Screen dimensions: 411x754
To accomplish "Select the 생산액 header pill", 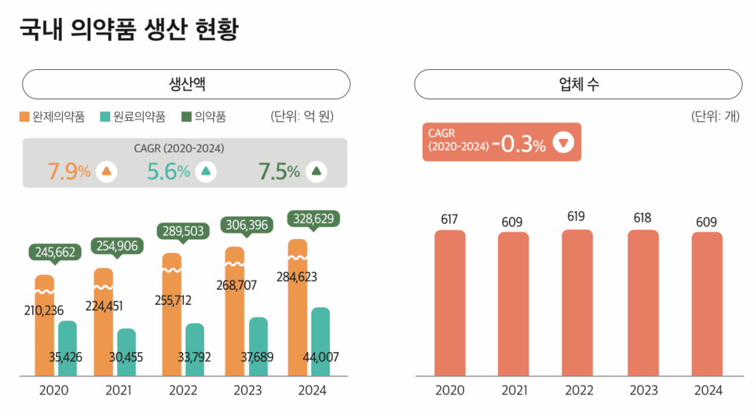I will pos(186,83).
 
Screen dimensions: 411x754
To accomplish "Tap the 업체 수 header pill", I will pos(578,83).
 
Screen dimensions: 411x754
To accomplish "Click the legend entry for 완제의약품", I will pos(53,117).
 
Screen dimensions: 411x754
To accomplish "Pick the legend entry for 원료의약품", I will pos(134,117).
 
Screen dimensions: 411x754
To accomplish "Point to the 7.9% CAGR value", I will pos(69,171).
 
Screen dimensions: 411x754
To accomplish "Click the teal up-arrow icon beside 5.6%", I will pos(206,171).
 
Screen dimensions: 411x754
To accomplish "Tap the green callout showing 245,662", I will pos(56,252).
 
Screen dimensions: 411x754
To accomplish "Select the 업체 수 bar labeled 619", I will pos(577,303).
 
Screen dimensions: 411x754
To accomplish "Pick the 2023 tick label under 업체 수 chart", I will pos(642,391).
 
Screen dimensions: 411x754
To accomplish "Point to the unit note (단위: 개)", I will pos(715,117).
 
